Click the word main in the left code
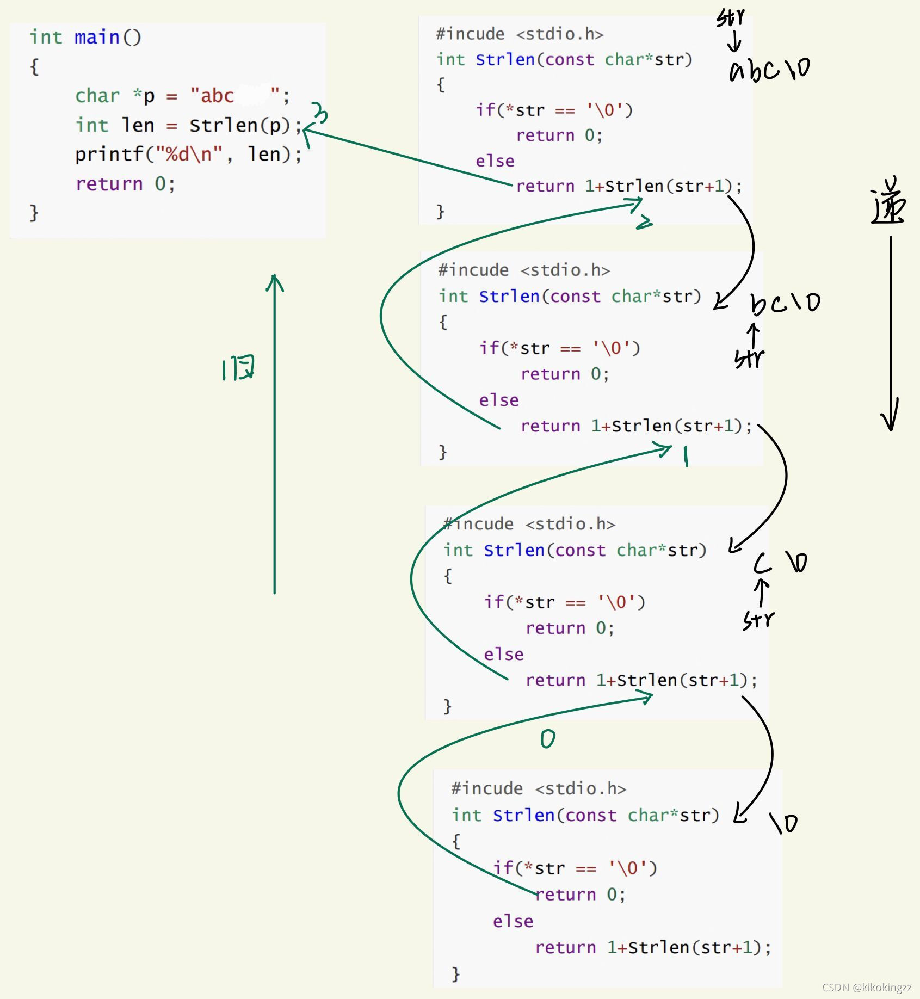[x=97, y=37]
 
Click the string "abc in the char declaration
[x=212, y=96]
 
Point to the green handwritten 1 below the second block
[x=686, y=456]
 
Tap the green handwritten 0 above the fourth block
[x=548, y=739]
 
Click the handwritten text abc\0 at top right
[x=770, y=70]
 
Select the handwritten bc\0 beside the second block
[x=786, y=304]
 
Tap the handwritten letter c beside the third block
[x=763, y=564]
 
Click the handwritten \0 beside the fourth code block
[x=784, y=823]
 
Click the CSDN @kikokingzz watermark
[x=867, y=988]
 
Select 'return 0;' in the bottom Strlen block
[x=580, y=895]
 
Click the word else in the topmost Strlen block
[x=495, y=161]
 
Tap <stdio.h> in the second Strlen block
[x=565, y=270]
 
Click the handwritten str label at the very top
[x=730, y=17]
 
